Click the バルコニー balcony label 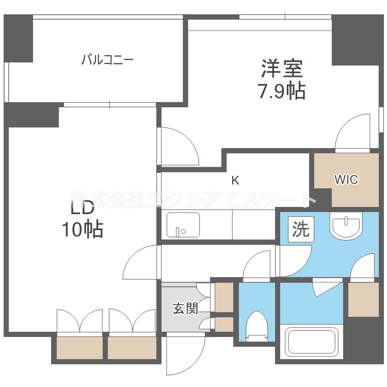point(107,60)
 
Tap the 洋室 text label point(281,69)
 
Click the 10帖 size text point(83,230)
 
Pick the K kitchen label point(235,181)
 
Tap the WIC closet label point(346,180)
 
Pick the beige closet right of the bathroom point(363,300)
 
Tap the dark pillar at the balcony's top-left point(19,38)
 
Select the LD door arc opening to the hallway point(140,262)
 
